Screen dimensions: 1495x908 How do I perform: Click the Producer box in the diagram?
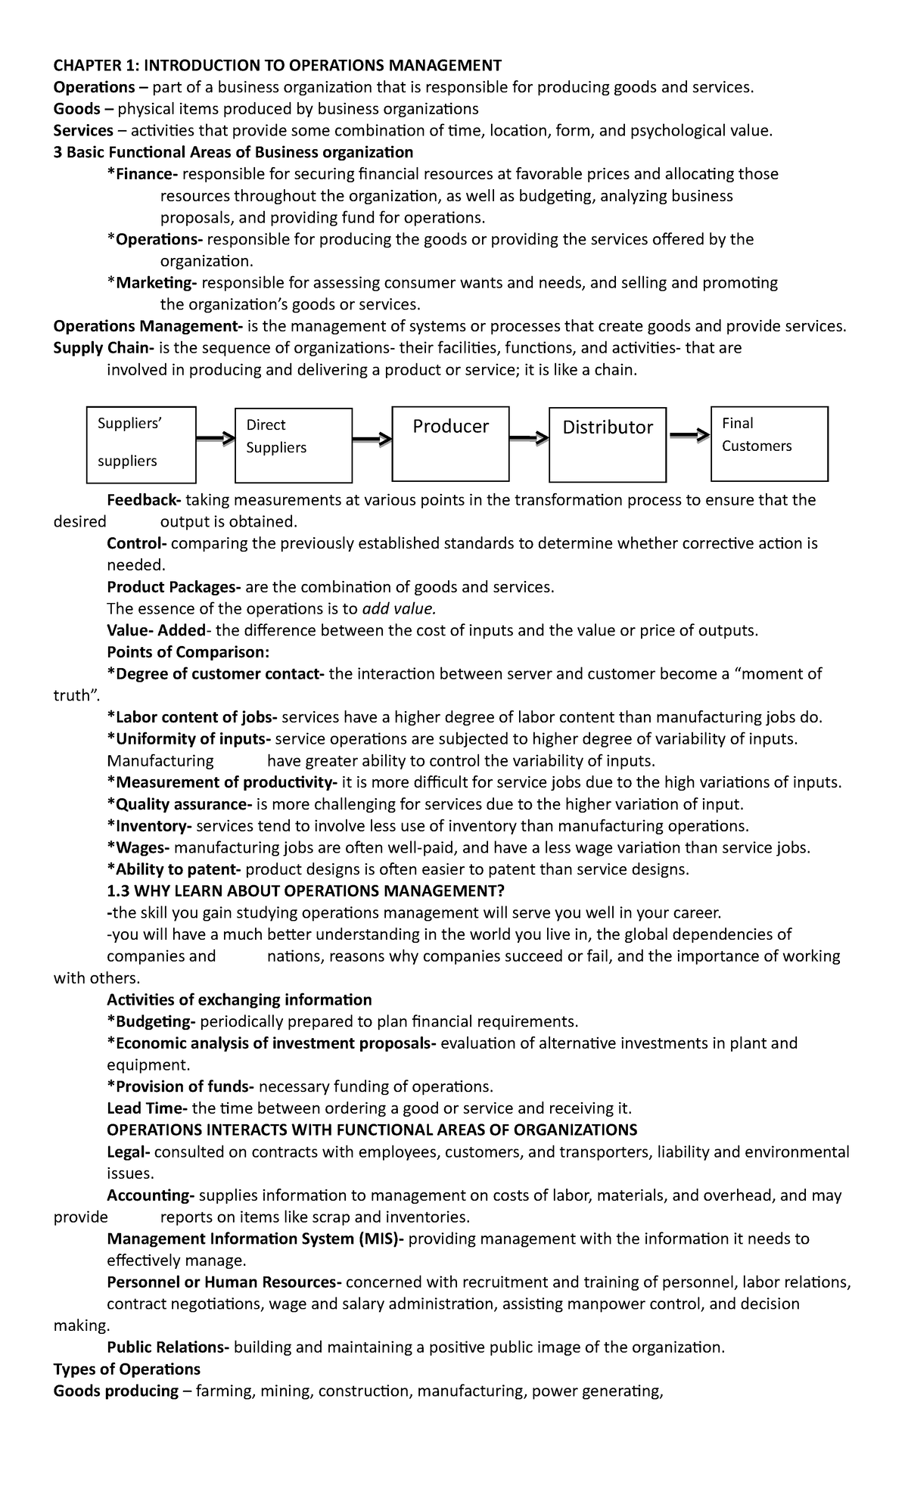coord(450,443)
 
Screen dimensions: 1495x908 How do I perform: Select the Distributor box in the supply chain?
coord(607,444)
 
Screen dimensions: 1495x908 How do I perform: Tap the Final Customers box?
coord(770,443)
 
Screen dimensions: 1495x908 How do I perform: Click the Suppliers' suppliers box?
coord(141,444)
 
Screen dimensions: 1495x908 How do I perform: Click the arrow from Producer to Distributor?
coord(529,437)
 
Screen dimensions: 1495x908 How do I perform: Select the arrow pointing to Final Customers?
coord(690,435)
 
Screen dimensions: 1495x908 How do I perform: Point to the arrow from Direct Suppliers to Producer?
coord(372,439)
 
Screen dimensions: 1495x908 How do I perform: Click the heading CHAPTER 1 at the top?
coord(277,65)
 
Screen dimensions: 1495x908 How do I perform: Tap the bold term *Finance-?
coord(142,174)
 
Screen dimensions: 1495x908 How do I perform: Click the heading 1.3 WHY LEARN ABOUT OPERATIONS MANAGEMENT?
coord(306,891)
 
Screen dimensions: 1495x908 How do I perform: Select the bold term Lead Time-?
coord(148,1109)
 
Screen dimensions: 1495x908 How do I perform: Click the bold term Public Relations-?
coord(168,1347)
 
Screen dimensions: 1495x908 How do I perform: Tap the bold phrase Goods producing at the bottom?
coord(116,1391)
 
